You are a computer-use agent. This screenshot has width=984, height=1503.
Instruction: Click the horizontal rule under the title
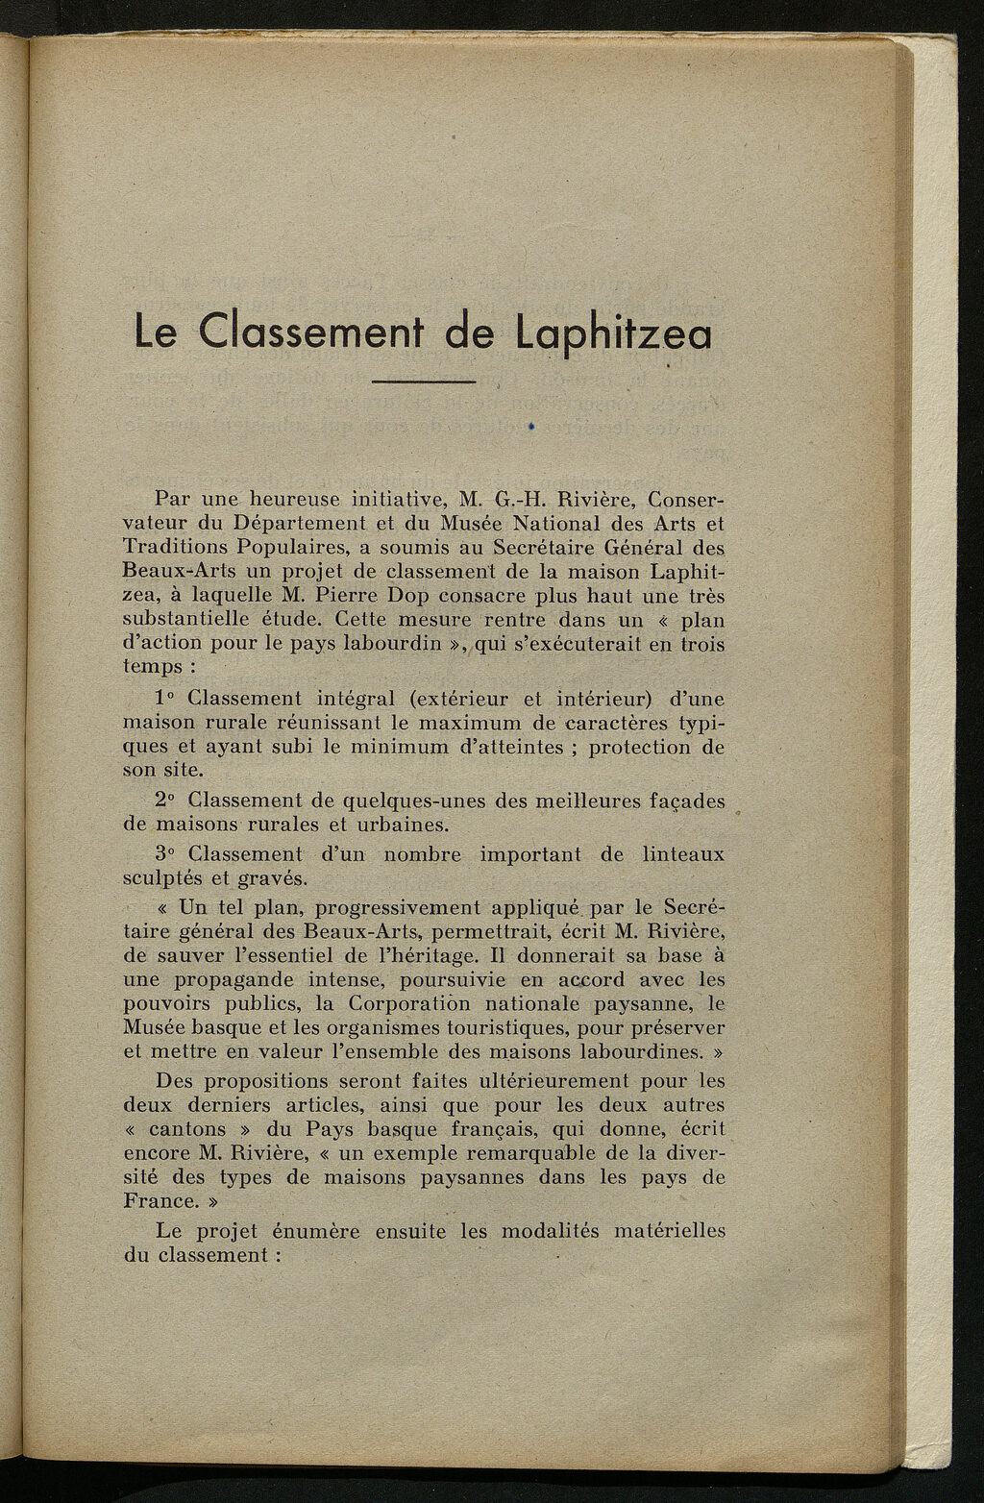pyautogui.click(x=424, y=384)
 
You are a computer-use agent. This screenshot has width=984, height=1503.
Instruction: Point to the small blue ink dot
pyautogui.click(x=529, y=423)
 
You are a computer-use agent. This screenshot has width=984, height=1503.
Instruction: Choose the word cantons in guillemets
pyautogui.click(x=196, y=1129)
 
